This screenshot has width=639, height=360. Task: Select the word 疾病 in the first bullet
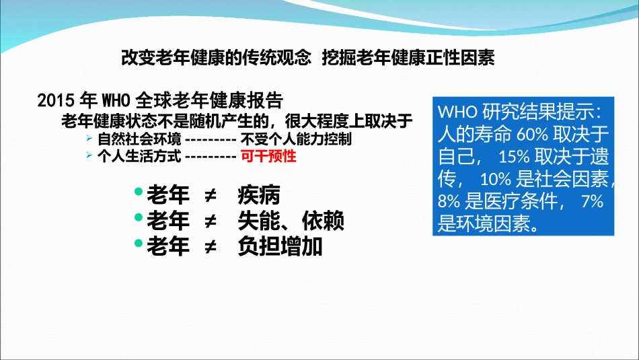pyautogui.click(x=258, y=196)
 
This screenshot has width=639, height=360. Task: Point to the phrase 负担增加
pyautogui.click(x=280, y=246)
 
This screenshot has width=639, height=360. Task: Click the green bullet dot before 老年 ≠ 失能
pyautogui.click(x=138, y=218)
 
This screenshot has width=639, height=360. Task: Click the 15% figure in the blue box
pyautogui.click(x=515, y=157)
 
